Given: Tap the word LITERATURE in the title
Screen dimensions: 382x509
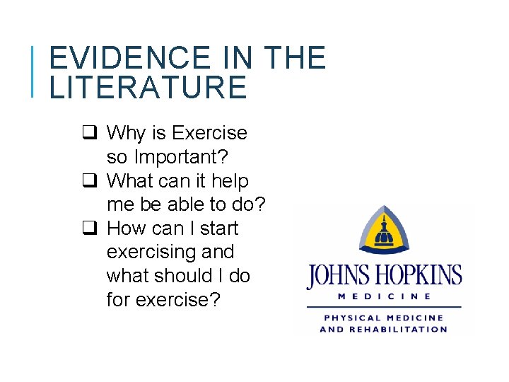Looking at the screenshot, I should (148, 88).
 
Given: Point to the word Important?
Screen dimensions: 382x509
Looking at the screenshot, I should (176, 157).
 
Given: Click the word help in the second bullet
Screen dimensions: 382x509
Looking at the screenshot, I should (230, 181).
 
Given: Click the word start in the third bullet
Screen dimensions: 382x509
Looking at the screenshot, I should (220, 228).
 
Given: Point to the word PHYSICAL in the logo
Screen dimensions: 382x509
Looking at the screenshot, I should (348, 318).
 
